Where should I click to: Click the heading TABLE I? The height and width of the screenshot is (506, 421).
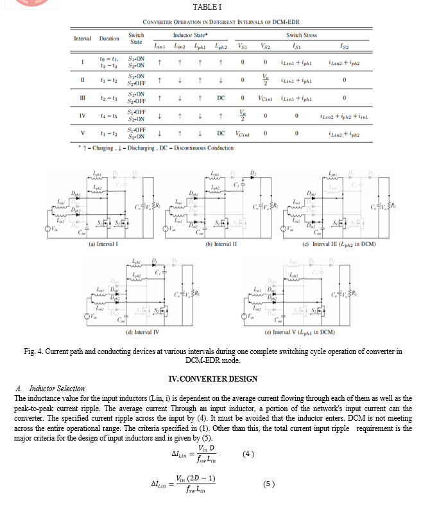(212, 7)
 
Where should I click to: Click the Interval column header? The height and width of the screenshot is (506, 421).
(82, 38)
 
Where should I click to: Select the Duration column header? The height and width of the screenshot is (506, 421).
(109, 38)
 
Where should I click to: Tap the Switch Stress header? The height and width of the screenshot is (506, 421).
(301, 35)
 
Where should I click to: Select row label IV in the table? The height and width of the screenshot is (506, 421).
(82, 116)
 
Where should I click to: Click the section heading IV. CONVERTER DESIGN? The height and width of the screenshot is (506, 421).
(212, 378)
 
